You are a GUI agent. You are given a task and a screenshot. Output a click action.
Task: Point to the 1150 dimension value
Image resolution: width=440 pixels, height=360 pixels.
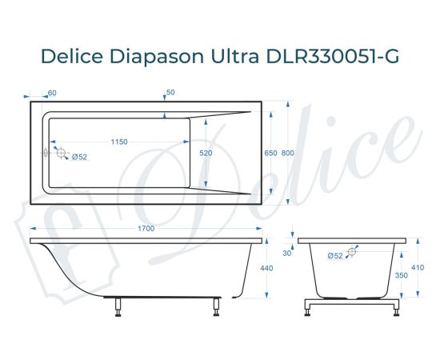119,142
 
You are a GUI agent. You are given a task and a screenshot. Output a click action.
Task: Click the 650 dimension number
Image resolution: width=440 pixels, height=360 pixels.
270,153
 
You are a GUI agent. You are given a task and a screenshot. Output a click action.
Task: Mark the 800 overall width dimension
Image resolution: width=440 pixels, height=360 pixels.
287,153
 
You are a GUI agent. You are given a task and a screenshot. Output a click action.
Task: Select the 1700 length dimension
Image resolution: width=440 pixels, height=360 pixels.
146,230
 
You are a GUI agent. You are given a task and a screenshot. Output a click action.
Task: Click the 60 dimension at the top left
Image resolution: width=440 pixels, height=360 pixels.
52,94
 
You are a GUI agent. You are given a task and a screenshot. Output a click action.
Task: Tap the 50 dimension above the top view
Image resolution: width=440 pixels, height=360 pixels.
170,94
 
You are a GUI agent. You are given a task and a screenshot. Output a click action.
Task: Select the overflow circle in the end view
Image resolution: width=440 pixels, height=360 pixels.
353,250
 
